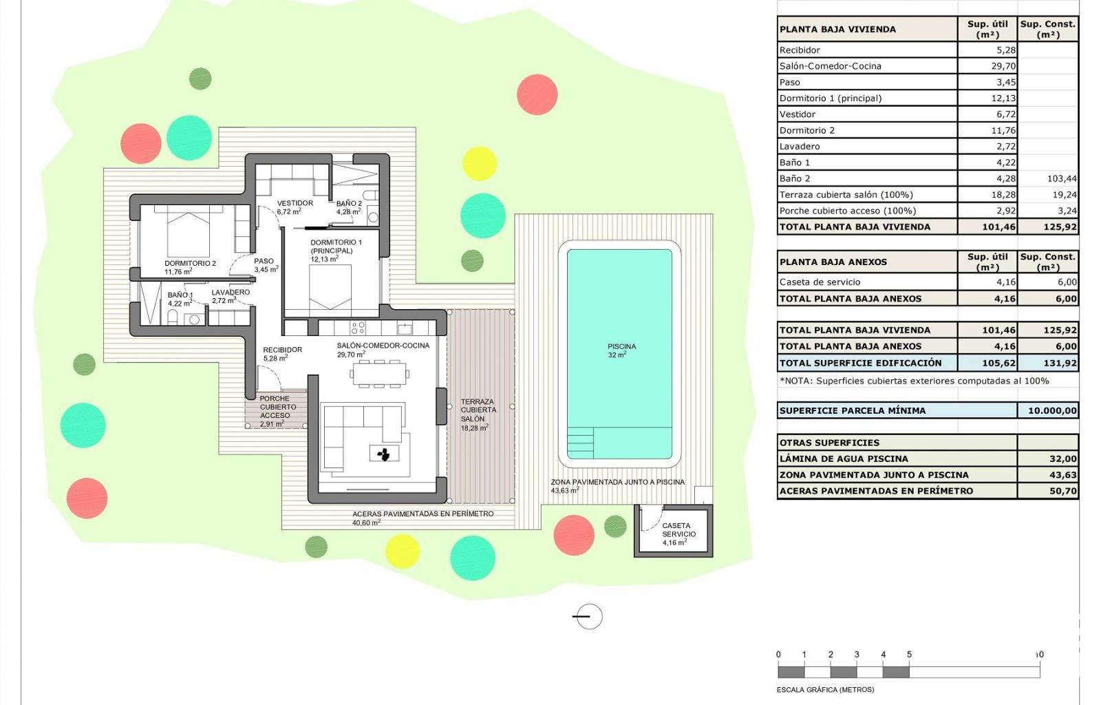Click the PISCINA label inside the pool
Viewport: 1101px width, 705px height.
click(x=622, y=346)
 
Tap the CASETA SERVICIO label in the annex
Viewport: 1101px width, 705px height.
click(x=678, y=530)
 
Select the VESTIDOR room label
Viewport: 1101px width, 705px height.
click(x=295, y=203)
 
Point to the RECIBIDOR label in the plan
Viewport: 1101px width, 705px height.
click(x=283, y=350)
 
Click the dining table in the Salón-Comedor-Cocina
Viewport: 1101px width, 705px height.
click(x=378, y=374)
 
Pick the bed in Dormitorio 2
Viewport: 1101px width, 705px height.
click(x=189, y=231)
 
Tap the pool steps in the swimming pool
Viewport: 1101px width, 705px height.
click(x=580, y=443)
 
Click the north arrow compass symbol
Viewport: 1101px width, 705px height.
click(x=589, y=616)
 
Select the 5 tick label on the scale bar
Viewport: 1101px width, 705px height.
click(x=909, y=654)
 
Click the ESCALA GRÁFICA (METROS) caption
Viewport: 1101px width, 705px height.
click(x=825, y=690)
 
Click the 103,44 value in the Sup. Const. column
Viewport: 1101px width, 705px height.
click(x=1062, y=178)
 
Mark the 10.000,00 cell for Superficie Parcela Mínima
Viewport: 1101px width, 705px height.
click(x=1052, y=410)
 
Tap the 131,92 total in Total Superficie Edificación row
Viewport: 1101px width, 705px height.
click(x=1060, y=364)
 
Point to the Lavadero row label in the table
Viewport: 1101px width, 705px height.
click(x=800, y=147)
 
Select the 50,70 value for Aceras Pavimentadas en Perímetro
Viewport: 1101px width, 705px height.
click(x=1063, y=491)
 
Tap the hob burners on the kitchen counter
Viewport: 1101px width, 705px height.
click(x=358, y=328)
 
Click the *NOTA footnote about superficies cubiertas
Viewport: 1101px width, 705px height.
click(x=915, y=381)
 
